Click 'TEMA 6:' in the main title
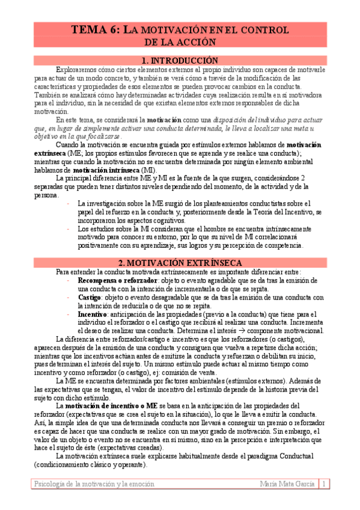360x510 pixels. coord(97,29)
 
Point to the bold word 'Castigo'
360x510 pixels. coord(90,297)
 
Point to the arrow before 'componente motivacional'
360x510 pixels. coord(255,331)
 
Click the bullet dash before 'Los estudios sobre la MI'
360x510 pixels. coord(69,229)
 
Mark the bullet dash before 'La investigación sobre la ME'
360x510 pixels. coord(69,204)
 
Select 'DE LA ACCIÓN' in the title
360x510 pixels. coord(180,42)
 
